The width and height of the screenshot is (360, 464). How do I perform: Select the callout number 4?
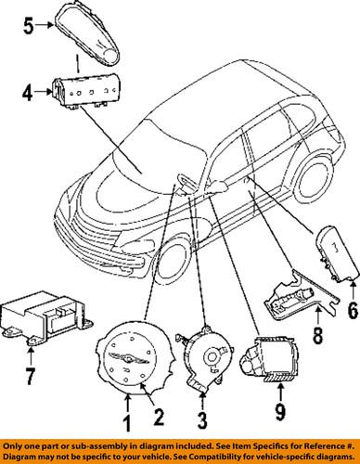(28, 93)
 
